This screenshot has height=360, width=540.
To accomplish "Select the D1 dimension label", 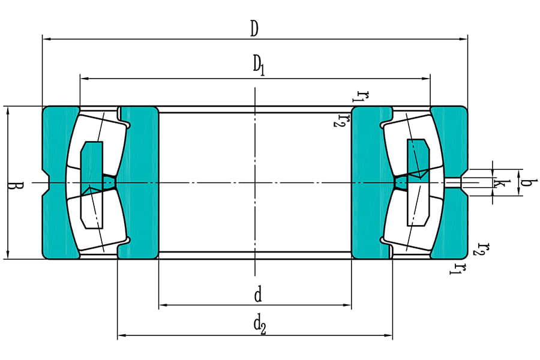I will [258, 65].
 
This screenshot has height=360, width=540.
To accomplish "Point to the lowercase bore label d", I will [257, 295].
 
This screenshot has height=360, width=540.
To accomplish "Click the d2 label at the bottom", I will [259, 325].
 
